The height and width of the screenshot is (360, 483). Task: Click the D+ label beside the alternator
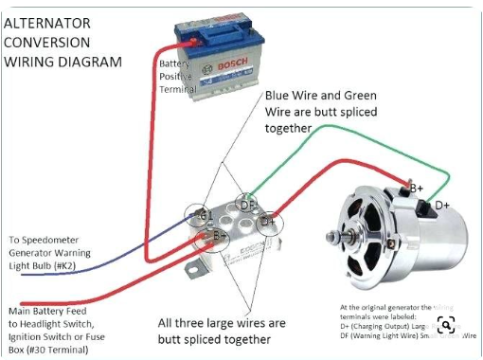coord(442,205)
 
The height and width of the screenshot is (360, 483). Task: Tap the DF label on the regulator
coord(246,203)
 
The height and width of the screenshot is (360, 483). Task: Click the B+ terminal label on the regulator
coord(220,234)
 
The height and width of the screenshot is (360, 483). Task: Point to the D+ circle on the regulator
coord(267,221)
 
